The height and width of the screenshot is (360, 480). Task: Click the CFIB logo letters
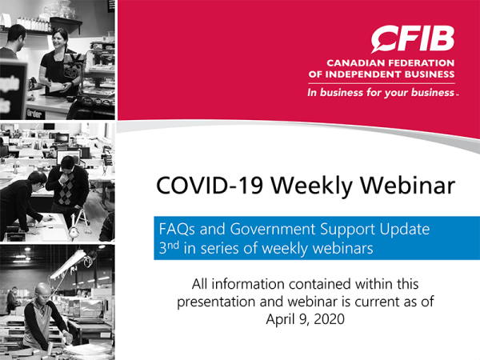413,38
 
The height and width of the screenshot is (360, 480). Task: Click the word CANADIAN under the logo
357,62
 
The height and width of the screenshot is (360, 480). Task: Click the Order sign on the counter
34,113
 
